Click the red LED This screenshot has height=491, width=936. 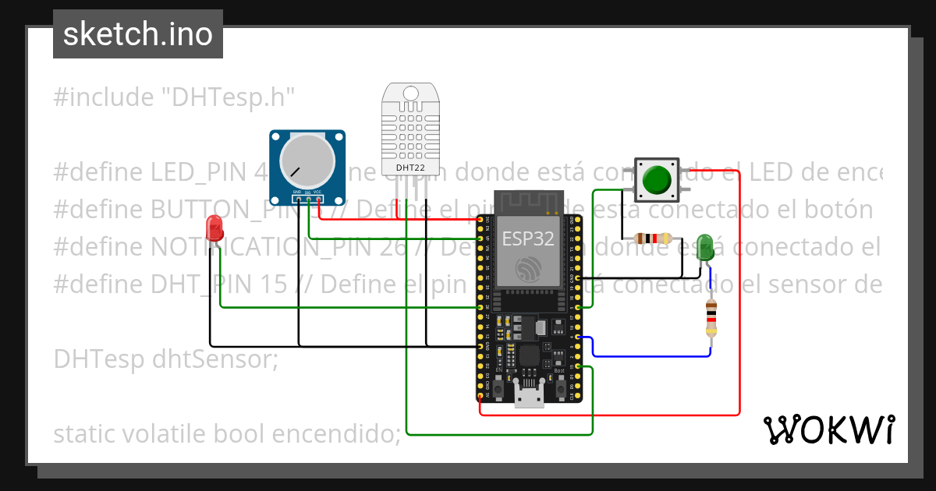tap(214, 228)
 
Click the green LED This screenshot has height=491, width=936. tap(705, 246)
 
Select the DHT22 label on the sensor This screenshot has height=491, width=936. tap(410, 167)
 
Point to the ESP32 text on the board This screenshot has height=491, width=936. tap(528, 238)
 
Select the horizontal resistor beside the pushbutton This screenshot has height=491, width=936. tap(652, 238)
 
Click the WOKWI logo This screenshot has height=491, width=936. tap(828, 429)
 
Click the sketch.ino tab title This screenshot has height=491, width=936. tap(138, 34)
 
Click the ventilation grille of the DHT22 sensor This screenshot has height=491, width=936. tap(410, 132)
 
